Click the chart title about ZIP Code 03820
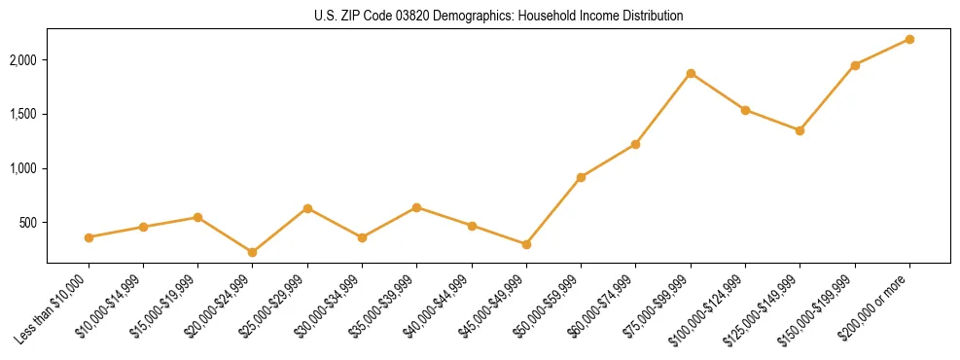499,17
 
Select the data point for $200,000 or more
909,39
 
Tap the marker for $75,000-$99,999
691,73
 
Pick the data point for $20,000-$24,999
253,252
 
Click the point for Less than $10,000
89,237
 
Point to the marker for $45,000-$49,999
526,244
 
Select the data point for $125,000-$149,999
800,130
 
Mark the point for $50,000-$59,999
581,177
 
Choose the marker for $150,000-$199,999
855,65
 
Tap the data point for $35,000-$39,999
416,207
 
